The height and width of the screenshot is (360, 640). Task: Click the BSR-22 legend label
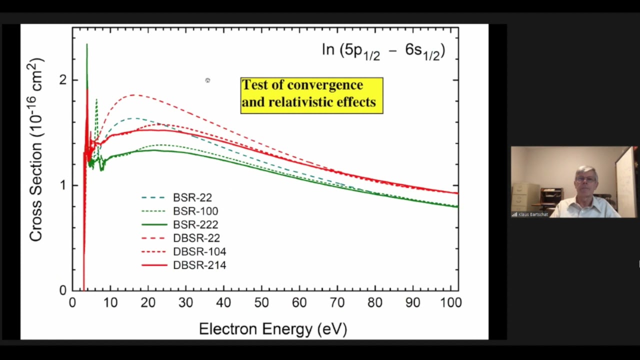click(x=192, y=198)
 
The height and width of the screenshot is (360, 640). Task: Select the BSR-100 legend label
click(x=195, y=211)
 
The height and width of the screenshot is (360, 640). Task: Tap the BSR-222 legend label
click(x=195, y=225)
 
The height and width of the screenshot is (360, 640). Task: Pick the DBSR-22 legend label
click(x=196, y=238)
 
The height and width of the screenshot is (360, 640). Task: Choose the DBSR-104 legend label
click(x=199, y=252)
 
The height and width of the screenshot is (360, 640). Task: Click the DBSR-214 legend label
click(x=199, y=265)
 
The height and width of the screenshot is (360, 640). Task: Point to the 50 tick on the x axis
click(x=261, y=302)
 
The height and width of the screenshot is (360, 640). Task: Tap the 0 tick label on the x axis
click(x=72, y=302)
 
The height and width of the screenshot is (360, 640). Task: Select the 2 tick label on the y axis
click(x=62, y=80)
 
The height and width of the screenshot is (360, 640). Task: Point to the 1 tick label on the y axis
click(x=62, y=185)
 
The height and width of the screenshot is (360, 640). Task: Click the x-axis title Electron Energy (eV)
click(x=272, y=329)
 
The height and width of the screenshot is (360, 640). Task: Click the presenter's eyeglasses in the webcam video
click(x=585, y=178)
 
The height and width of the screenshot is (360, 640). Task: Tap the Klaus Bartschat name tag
click(x=533, y=214)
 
